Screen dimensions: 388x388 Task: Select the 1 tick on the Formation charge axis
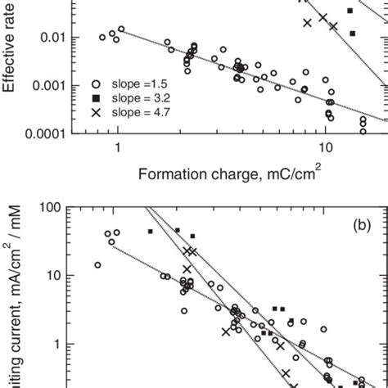pyautogui.click(x=118, y=149)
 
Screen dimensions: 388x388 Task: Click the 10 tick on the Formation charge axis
pyautogui.click(x=326, y=149)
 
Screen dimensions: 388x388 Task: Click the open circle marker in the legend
pyautogui.click(x=97, y=83)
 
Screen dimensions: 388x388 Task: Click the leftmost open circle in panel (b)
pyautogui.click(x=98, y=264)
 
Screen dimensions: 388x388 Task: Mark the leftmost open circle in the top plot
pyautogui.click(x=102, y=37)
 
